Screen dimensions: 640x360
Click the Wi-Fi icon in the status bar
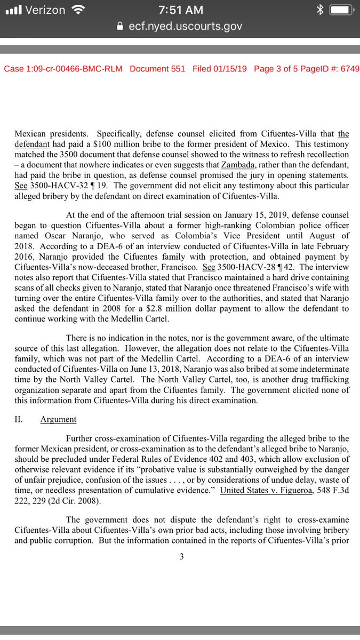click(78, 10)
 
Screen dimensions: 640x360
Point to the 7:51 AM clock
click(180, 10)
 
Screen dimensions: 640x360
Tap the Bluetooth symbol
click(319, 10)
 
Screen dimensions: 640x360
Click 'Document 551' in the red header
click(157, 69)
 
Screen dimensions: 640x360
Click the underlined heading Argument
click(58, 420)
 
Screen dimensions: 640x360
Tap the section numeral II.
click(18, 420)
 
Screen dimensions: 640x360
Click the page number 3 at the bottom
click(181, 557)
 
